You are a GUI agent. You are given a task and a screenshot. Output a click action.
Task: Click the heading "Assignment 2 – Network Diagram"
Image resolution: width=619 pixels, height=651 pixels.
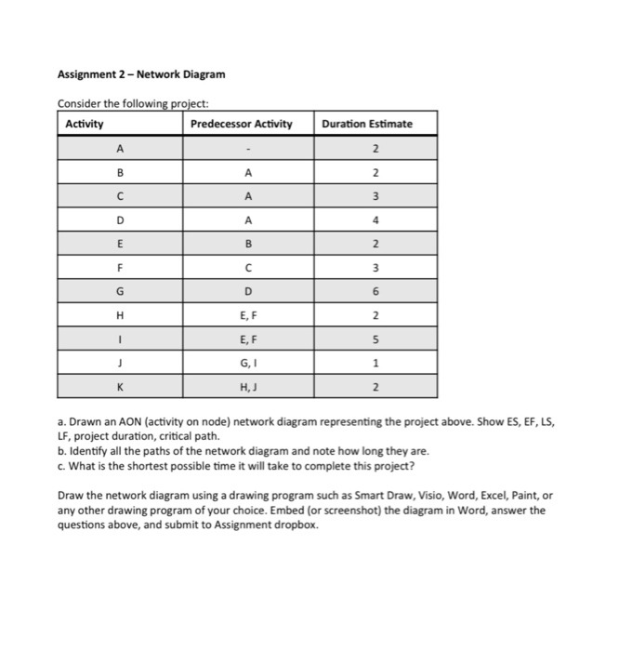pyautogui.click(x=141, y=74)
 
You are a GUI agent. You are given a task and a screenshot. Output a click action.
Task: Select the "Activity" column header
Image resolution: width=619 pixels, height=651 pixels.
pyautogui.click(x=85, y=124)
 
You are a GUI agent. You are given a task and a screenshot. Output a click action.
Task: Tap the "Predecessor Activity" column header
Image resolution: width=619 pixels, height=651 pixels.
pyautogui.click(x=241, y=124)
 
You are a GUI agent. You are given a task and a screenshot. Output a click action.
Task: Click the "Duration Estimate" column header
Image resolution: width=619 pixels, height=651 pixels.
pyautogui.click(x=368, y=124)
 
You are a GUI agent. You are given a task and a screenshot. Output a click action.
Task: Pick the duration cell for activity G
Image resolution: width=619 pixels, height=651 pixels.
pyautogui.click(x=375, y=291)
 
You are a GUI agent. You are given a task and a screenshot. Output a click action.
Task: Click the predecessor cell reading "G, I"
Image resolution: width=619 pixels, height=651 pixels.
pyautogui.click(x=246, y=363)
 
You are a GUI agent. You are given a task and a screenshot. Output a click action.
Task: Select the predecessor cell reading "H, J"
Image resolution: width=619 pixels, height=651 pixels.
pyautogui.click(x=246, y=387)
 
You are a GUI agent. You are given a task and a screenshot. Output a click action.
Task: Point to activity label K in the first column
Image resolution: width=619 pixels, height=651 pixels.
pyautogui.click(x=120, y=387)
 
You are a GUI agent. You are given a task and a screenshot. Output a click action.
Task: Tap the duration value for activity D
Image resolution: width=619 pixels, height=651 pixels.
pyautogui.click(x=375, y=219)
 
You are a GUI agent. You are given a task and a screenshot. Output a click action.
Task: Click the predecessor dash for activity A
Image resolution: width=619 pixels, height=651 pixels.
pyautogui.click(x=246, y=148)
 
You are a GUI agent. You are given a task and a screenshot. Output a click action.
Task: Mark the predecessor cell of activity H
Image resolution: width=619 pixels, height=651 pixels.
pyautogui.click(x=246, y=315)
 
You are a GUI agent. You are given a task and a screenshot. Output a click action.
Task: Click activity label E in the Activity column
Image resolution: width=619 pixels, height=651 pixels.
pyautogui.click(x=120, y=244)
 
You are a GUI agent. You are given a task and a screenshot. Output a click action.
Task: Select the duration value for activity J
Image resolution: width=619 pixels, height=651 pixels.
pyautogui.click(x=375, y=363)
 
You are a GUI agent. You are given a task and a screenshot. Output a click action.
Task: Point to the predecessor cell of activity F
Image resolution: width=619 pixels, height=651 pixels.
pyautogui.click(x=246, y=268)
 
